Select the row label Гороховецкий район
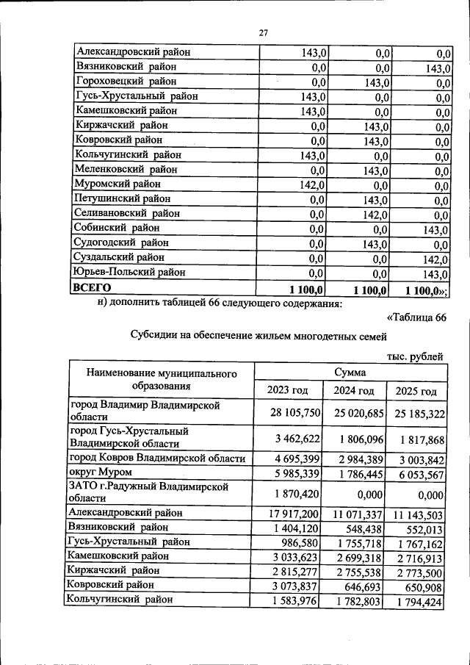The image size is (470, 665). [126, 82]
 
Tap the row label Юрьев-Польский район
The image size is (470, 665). [130, 273]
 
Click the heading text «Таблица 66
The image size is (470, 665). [416, 317]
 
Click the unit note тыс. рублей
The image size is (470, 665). [416, 357]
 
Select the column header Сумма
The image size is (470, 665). [350, 373]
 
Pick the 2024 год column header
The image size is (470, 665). [353, 390]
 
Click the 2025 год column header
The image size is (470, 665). [416, 391]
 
